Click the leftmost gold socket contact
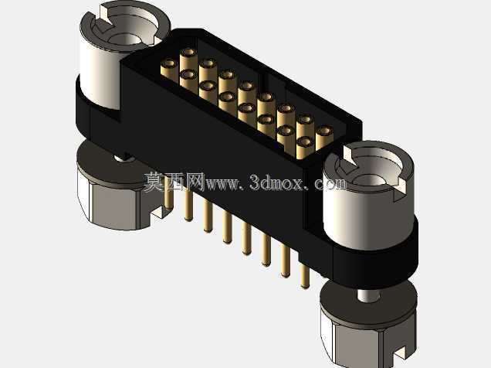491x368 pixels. pos(169,70)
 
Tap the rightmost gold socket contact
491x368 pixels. pos(324,138)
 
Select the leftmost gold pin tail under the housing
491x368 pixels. pos(168,196)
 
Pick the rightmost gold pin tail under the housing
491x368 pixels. pos(305,276)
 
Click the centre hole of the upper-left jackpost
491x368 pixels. pos(125,39)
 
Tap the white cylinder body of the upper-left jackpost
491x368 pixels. pos(100,75)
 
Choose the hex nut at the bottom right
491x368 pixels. pos(369,339)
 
